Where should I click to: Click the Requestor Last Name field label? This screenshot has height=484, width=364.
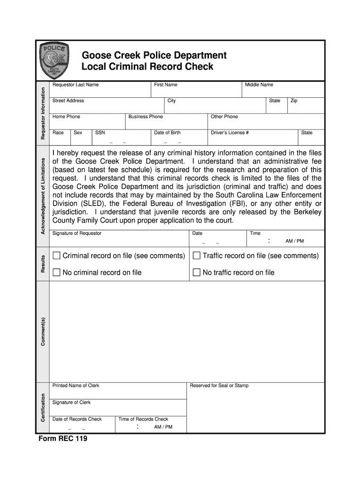[x=76, y=85]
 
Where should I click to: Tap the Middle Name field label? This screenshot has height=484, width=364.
[x=259, y=85]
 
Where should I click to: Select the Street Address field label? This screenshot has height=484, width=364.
[x=68, y=101]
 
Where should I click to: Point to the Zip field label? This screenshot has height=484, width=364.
[x=294, y=101]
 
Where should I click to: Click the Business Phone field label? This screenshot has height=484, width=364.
[x=146, y=117]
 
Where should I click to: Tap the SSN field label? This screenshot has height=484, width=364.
[x=100, y=133]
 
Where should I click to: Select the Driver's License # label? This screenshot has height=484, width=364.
[x=230, y=133]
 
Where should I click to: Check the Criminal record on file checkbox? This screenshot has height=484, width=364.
[x=57, y=256]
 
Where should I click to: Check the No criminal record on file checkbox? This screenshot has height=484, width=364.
[x=57, y=272]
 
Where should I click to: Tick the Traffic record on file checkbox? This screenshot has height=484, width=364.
[x=197, y=256]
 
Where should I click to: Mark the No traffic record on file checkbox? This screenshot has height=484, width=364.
[x=197, y=272]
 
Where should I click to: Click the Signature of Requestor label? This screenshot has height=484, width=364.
[x=77, y=233]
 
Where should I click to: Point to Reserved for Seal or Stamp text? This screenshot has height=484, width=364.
[x=219, y=386]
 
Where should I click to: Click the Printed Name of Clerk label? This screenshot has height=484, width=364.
[x=76, y=386]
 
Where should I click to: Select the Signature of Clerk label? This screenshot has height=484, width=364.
[x=71, y=403]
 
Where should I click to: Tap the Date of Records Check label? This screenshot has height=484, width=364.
[x=77, y=419]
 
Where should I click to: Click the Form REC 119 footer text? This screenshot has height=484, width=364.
[x=63, y=439]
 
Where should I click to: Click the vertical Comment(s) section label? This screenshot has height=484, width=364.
[x=43, y=331]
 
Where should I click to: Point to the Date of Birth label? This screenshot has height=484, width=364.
[x=167, y=133]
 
